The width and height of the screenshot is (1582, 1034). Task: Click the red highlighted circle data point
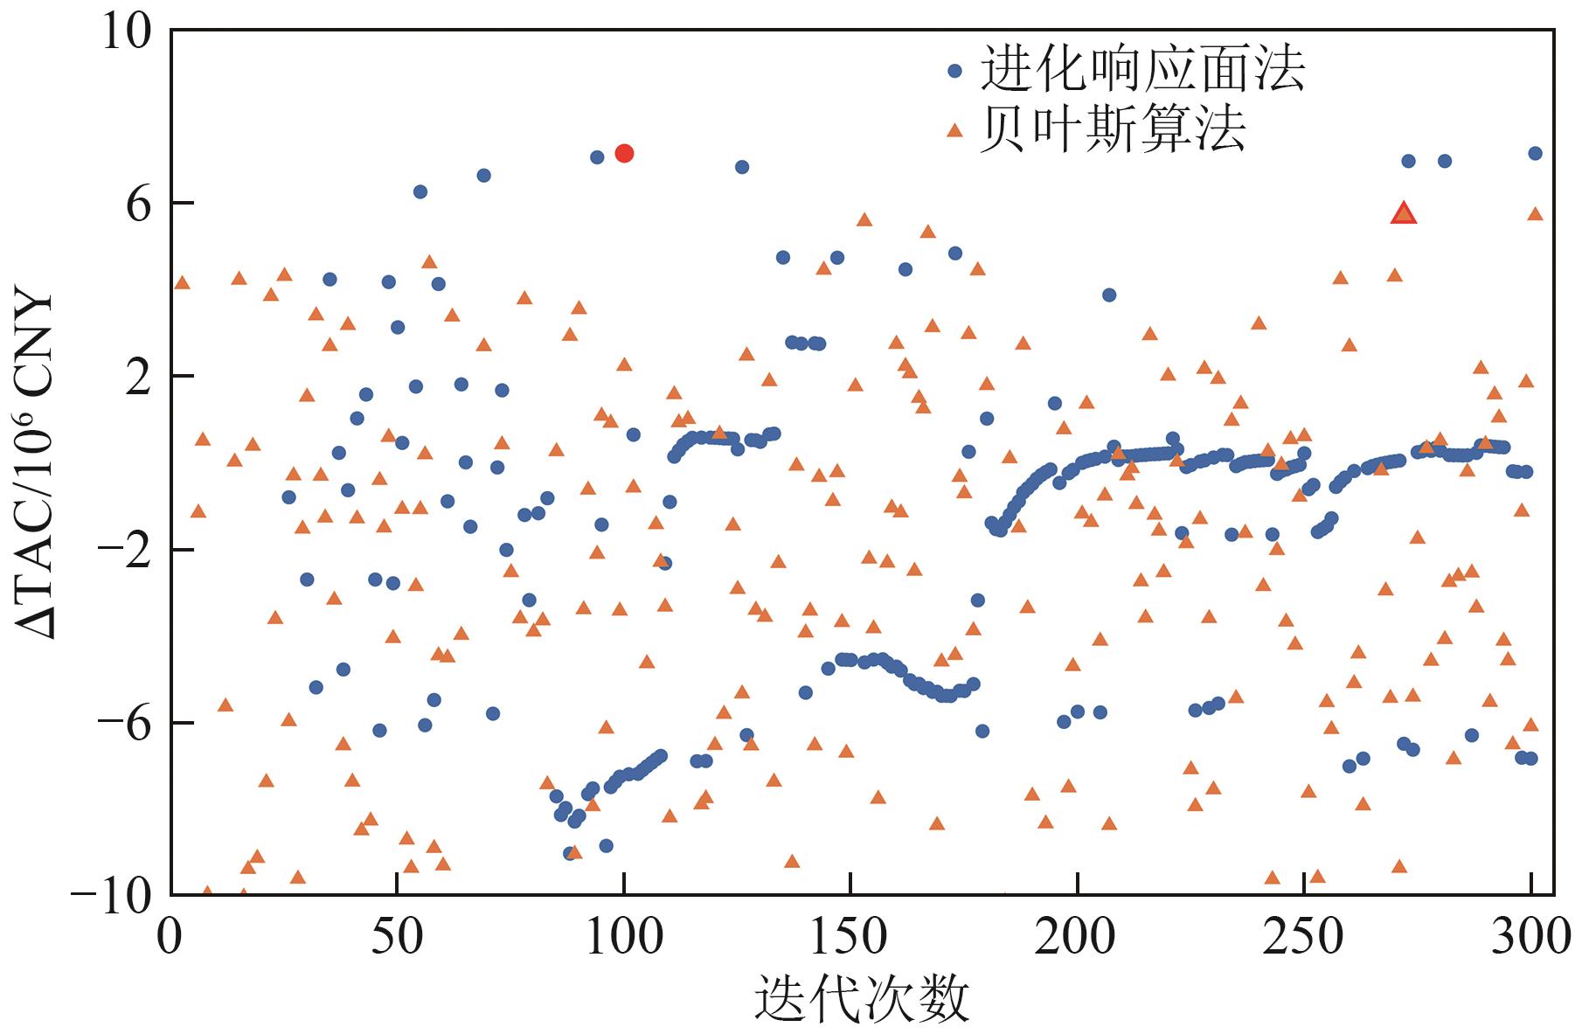[624, 153]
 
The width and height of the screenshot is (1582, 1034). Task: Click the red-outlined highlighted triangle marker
[1404, 213]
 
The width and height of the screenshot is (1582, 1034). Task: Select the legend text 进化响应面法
[1143, 70]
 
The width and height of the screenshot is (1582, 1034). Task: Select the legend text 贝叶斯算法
[1113, 130]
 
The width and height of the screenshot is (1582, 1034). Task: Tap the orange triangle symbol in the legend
[955, 130]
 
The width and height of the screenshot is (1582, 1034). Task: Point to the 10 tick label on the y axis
[128, 31]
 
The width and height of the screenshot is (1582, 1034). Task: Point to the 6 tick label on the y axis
[140, 204]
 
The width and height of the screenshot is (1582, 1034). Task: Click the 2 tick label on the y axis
[140, 377]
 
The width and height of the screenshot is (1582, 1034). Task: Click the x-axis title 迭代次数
[862, 999]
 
